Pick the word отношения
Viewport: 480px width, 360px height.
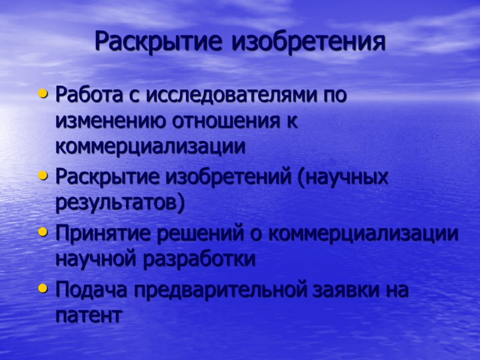224,121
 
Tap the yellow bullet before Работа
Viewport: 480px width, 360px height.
41,94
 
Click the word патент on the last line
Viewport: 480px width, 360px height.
88,316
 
